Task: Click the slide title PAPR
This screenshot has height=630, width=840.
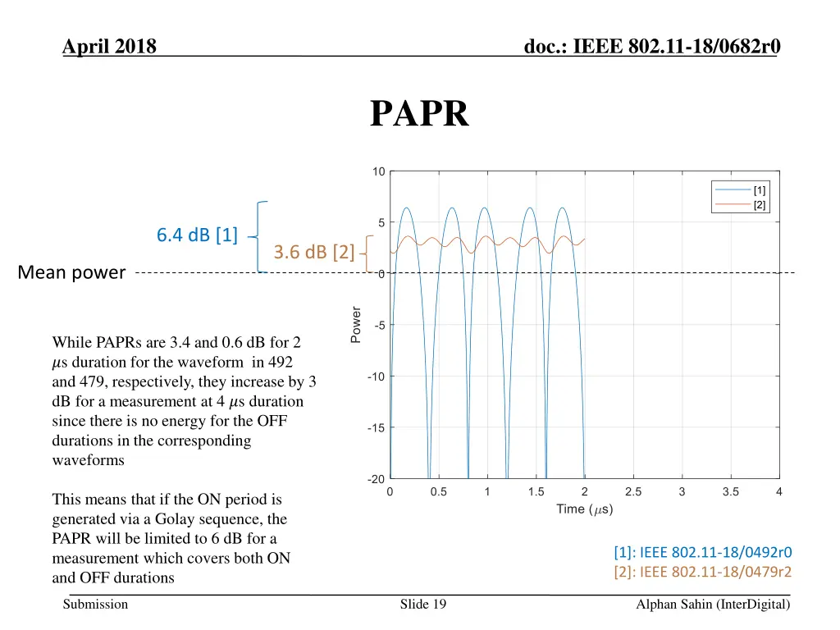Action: (x=419, y=114)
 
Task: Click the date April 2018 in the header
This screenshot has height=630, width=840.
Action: (x=109, y=47)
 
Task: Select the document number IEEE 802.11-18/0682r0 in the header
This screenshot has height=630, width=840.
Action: (x=652, y=47)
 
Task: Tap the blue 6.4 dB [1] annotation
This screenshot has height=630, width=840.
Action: (x=197, y=235)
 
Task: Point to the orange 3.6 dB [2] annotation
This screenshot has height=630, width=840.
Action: (x=314, y=252)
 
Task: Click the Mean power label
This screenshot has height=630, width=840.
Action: (x=71, y=272)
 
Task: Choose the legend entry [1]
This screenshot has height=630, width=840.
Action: (x=760, y=190)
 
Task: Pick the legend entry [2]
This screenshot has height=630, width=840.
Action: (x=760, y=205)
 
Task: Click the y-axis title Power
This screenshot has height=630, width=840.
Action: (x=355, y=324)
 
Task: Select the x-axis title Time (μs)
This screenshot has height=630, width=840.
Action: (x=584, y=509)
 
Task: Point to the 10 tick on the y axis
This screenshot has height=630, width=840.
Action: (x=378, y=171)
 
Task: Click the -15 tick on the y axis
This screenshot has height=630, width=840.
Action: (x=377, y=427)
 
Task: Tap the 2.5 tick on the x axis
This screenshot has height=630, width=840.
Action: (x=632, y=492)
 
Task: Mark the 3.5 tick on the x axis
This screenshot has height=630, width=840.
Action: (x=730, y=492)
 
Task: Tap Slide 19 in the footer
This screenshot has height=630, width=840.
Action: (x=422, y=605)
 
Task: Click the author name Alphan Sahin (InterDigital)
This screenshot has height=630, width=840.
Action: (x=712, y=605)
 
